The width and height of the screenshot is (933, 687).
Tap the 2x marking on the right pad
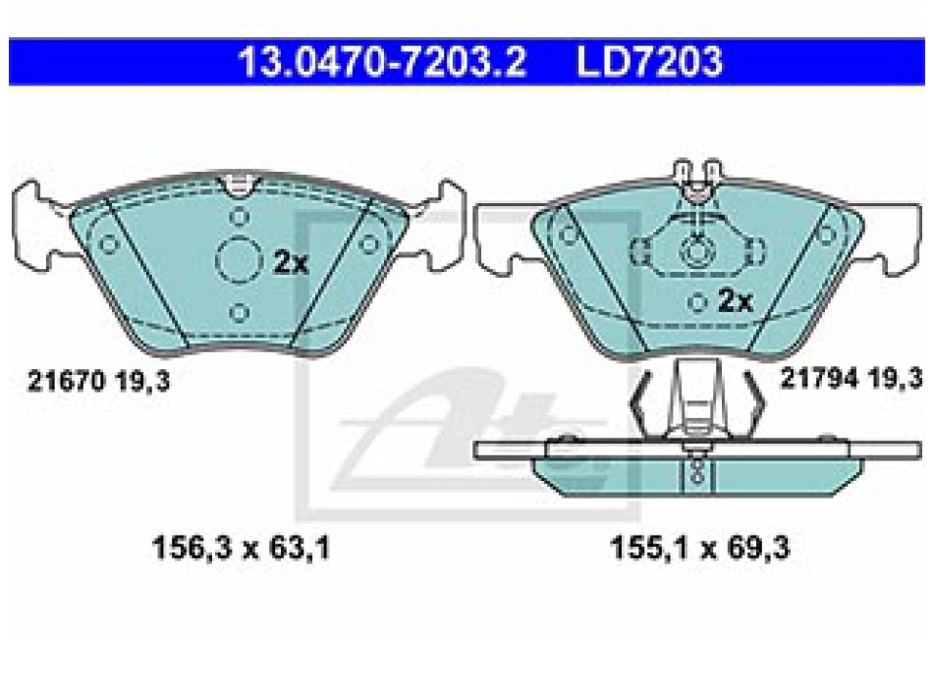tap(735, 301)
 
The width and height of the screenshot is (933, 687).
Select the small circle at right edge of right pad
tap(826, 233)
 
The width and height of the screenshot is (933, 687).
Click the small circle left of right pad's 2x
tap(697, 300)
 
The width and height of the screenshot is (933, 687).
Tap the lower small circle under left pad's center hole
tap(237, 312)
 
